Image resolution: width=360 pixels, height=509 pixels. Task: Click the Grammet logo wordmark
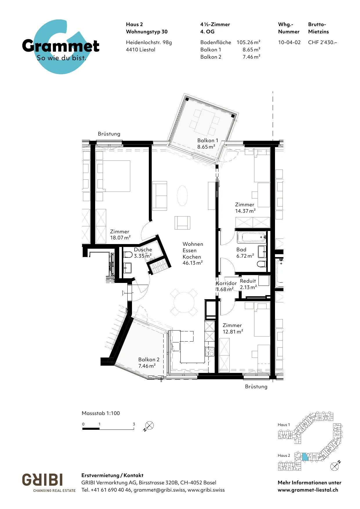pyautogui.click(x=61, y=46)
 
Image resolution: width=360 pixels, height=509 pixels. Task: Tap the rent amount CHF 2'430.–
pyautogui.click(x=322, y=42)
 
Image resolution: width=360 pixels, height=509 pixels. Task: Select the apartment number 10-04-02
pyautogui.click(x=289, y=42)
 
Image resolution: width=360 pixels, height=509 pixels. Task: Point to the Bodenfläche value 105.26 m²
pyautogui.click(x=248, y=42)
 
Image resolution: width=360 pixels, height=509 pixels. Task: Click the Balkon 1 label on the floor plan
pyautogui.click(x=207, y=144)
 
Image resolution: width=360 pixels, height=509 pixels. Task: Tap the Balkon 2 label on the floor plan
pyautogui.click(x=149, y=363)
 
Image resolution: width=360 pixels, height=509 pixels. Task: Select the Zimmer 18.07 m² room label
pyautogui.click(x=120, y=234)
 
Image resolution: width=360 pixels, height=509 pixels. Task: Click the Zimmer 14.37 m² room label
pyautogui.click(x=245, y=208)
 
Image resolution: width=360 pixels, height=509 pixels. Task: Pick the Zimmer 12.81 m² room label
pyautogui.click(x=233, y=328)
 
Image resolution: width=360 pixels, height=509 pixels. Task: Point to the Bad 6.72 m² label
pyautogui.click(x=245, y=253)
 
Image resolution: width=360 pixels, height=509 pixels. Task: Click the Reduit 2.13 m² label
pyautogui.click(x=248, y=284)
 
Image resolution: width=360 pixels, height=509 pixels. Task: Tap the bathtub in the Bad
pyautogui.click(x=252, y=237)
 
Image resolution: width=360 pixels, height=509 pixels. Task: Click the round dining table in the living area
pyautogui.click(x=184, y=302)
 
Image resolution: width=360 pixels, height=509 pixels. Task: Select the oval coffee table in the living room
pyautogui.click(x=182, y=196)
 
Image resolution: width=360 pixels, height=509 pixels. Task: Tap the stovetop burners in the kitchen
pyautogui.click(x=209, y=351)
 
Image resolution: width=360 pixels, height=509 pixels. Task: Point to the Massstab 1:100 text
pyautogui.click(x=101, y=413)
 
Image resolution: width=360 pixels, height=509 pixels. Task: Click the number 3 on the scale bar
pyautogui.click(x=134, y=424)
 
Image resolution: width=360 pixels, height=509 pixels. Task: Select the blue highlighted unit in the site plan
pyautogui.click(x=305, y=457)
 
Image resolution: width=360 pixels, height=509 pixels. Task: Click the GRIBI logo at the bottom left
pyautogui.click(x=42, y=480)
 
